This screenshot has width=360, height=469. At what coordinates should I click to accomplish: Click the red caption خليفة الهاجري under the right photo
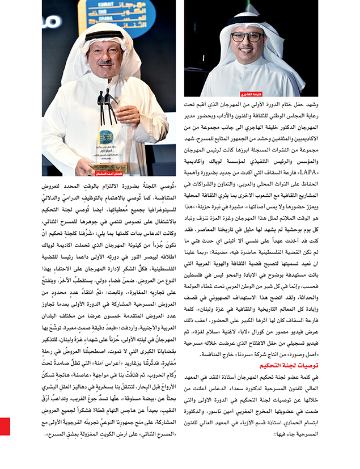tap(202, 92)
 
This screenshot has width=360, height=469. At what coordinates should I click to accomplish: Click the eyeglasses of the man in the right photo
tap(247, 37)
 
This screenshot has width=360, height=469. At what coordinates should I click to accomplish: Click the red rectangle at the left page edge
tap(5, 426)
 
